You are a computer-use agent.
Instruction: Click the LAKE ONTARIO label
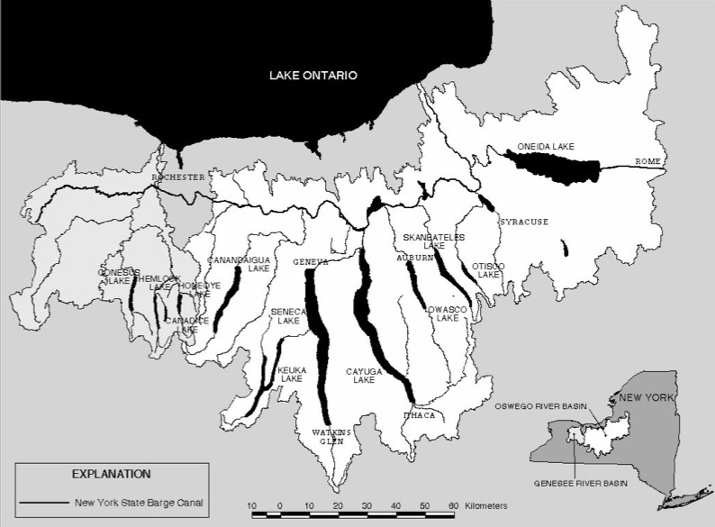coord(313,76)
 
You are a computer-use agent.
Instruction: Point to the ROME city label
coord(647,161)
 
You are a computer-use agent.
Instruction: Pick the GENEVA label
coord(311,261)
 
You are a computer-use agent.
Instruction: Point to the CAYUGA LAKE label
coord(364,375)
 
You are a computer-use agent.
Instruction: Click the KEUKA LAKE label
coord(290,374)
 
